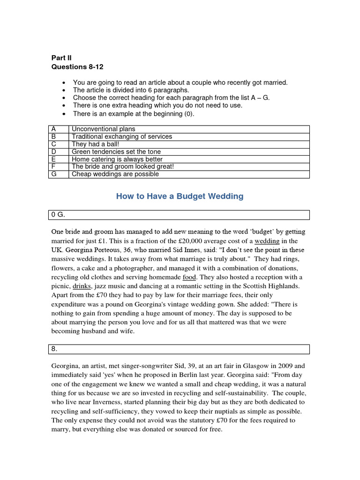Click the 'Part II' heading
[61, 58]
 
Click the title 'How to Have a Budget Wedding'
[180, 196]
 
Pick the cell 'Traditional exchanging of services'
[122, 136]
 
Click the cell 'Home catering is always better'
[117, 159]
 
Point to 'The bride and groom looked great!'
[123, 167]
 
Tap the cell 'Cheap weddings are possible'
[115, 174]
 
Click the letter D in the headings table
[54, 152]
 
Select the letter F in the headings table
[54, 167]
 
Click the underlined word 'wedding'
[267, 241]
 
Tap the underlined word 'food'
[189, 277]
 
